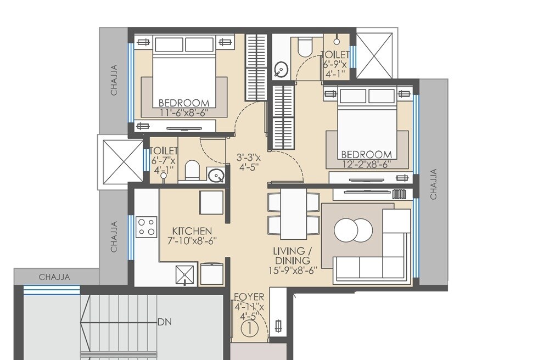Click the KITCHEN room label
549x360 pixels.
(192, 230)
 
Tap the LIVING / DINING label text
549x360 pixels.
(292, 255)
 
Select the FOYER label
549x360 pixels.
(249, 297)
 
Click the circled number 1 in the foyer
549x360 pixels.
(249, 329)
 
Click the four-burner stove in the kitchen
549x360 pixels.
(146, 227)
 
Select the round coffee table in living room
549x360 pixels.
(353, 230)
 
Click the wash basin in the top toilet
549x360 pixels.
(281, 69)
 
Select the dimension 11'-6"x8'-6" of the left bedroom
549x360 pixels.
(184, 113)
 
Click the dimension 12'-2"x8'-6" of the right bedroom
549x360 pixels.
(367, 164)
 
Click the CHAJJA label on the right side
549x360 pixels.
(434, 184)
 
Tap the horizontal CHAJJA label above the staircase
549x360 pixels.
(54, 277)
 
